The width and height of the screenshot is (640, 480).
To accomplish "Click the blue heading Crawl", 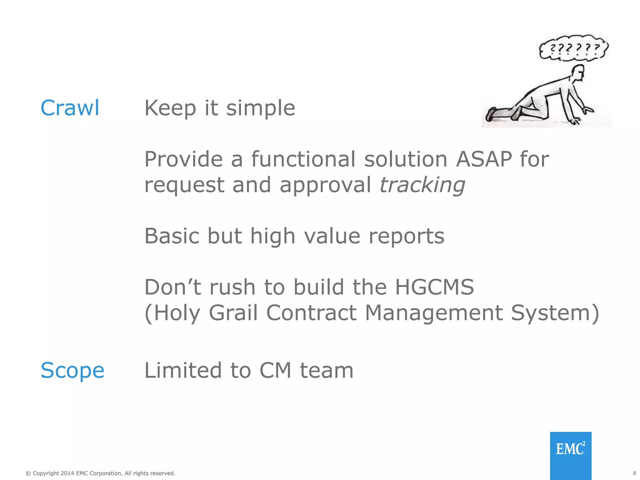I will (70, 108).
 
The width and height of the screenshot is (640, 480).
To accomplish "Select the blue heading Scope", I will (72, 370).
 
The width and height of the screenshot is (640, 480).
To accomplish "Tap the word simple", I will (260, 108).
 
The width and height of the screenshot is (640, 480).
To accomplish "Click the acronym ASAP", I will (484, 159).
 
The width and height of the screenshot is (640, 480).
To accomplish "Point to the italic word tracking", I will (422, 185).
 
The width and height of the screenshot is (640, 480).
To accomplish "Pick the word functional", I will (303, 159).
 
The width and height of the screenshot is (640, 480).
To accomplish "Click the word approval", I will (325, 185).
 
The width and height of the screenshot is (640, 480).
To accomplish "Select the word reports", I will (406, 236).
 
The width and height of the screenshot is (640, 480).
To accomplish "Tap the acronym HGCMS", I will (434, 287).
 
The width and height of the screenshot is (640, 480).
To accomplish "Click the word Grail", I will (233, 312).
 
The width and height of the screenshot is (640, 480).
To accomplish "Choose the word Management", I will (434, 312).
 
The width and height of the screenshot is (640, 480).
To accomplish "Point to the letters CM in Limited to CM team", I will (275, 370).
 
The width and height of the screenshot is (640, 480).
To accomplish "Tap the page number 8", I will (634, 473).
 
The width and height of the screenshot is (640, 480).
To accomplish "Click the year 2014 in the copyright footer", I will (67, 473).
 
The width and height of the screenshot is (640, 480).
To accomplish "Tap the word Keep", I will (170, 108).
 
